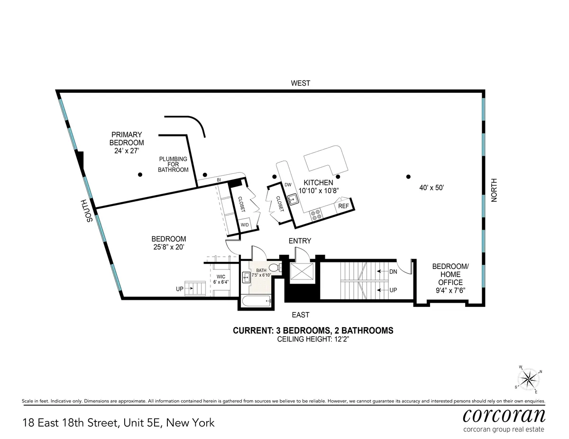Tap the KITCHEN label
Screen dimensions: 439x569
tap(318, 183)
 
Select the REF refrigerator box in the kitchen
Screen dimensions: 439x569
tap(343, 206)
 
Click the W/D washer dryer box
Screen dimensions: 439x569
tap(245, 224)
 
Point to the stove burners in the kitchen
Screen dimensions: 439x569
tap(316, 215)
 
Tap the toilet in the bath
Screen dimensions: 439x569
tap(274, 269)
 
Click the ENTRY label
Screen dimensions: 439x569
tap(300, 241)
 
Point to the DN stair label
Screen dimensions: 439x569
tap(393, 272)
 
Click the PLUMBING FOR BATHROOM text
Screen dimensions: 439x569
tap(173, 164)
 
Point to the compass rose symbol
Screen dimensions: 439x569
tap(529, 378)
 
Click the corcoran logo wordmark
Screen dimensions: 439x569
tap(504, 415)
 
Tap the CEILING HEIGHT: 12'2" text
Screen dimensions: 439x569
tap(313, 339)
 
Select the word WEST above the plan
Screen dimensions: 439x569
tap(301, 83)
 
